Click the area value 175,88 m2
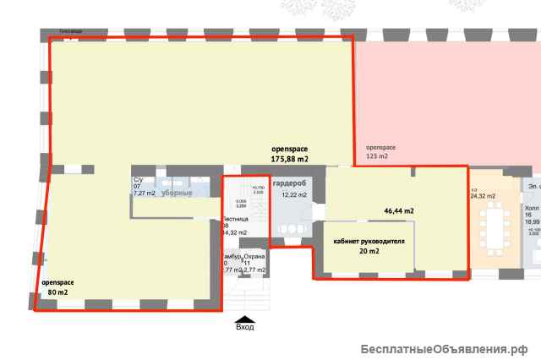tap(289, 158)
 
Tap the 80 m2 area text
tap(57, 292)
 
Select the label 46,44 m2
tap(400, 210)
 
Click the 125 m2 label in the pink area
tap(376, 157)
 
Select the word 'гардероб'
tap(290, 183)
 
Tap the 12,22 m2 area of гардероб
tap(292, 195)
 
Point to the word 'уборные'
tap(177, 194)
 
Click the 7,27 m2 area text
tap(145, 194)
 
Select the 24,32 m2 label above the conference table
tap(482, 196)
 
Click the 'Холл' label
tap(532, 207)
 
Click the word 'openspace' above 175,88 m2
tap(289, 148)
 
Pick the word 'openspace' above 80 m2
tap(57, 281)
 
